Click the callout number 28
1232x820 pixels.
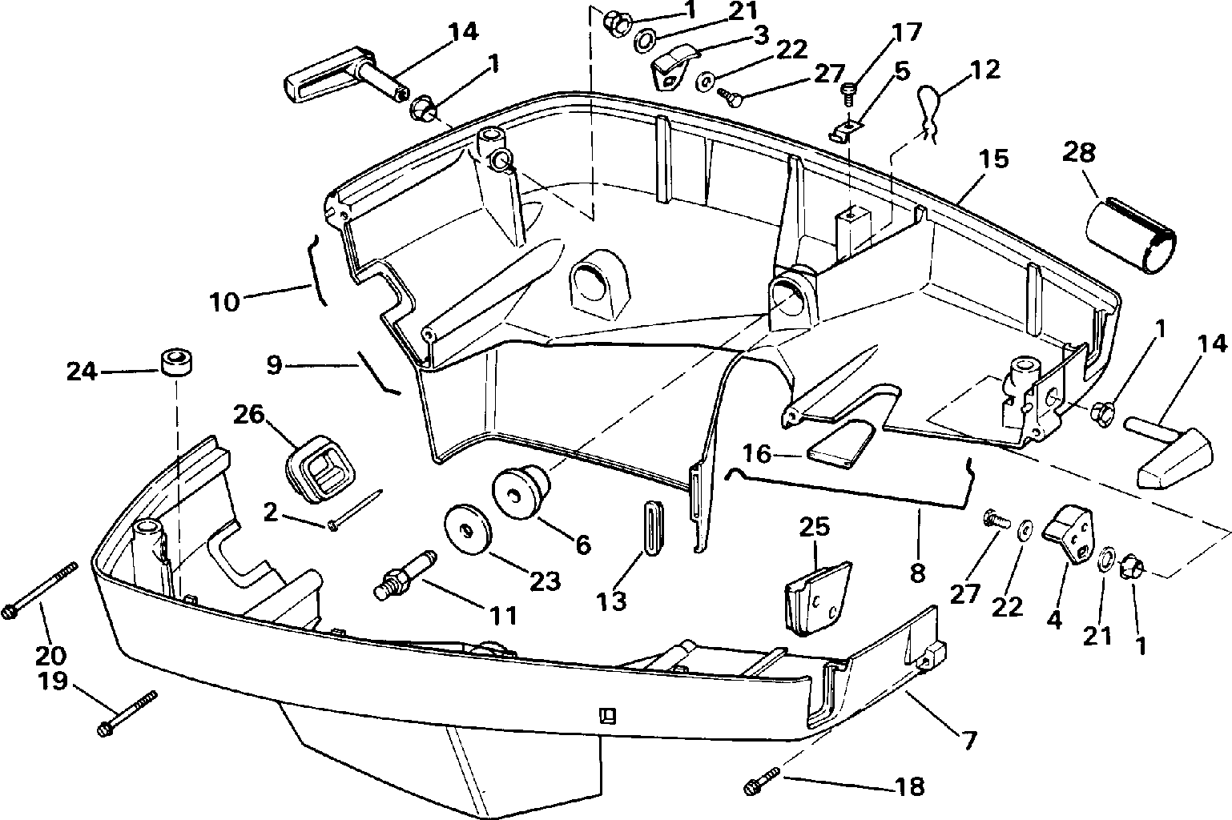coord(1078,152)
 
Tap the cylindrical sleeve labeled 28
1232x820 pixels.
coord(1131,237)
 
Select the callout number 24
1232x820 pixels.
coord(82,372)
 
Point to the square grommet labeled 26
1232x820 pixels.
coord(319,469)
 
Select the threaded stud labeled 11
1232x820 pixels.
coord(405,575)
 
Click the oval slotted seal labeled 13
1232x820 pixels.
coord(653,528)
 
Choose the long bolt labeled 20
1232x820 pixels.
coord(39,589)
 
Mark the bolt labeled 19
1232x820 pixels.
coord(127,713)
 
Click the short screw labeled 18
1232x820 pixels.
coord(762,782)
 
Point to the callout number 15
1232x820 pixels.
coord(994,159)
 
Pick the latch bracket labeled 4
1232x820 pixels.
coord(1068,534)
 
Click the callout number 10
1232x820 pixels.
coord(225,302)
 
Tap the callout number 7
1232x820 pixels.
coord(969,740)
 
